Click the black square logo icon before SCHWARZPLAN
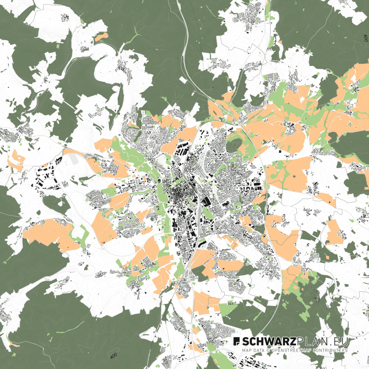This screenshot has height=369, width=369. (237, 341)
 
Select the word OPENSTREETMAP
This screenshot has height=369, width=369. (289, 350)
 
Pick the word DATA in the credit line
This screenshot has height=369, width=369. (259, 350)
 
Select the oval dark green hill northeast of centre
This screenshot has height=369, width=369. (234, 145)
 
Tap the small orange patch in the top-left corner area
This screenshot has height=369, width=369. (102, 37)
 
